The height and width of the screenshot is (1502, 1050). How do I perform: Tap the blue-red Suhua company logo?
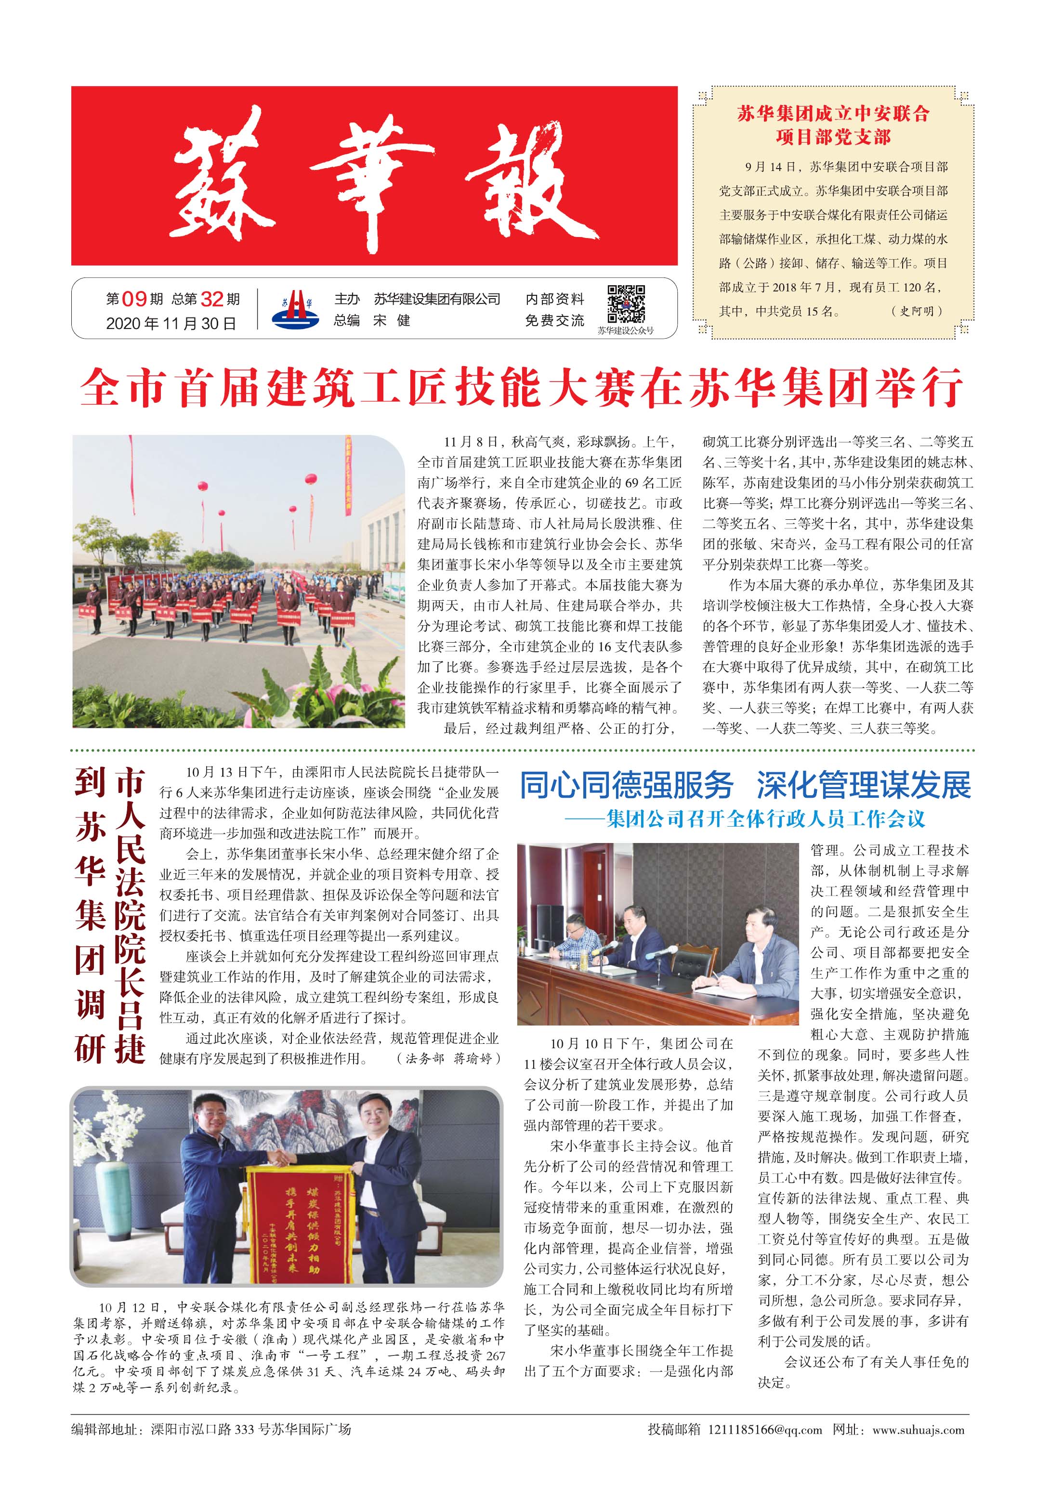coord(296,308)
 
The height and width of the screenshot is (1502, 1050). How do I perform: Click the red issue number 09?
coord(134,299)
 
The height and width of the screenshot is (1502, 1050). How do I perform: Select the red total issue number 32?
coord(212,299)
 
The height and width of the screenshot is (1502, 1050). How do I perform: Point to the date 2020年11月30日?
coord(171,323)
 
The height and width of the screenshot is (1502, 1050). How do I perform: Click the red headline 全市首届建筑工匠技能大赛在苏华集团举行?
coord(522,388)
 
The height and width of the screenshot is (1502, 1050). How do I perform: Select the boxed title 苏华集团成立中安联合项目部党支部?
coord(833,125)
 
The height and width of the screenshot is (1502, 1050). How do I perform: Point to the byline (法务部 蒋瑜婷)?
coord(449,1058)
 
